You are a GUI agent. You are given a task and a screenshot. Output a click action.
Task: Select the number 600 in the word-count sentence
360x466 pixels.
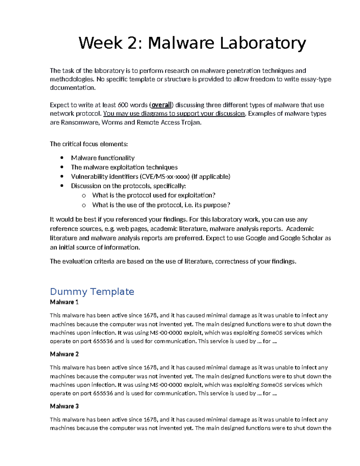[x=123, y=105]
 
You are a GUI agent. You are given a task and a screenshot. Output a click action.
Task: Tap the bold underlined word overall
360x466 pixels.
[x=162, y=105]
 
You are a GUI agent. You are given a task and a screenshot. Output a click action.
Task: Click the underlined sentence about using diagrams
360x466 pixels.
[x=174, y=113]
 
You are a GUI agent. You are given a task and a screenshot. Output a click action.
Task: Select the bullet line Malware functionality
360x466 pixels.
[x=103, y=158]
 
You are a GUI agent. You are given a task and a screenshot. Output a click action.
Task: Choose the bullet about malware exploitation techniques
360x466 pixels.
[x=124, y=167]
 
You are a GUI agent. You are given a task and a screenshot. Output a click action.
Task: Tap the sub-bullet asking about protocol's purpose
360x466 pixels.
[x=161, y=205]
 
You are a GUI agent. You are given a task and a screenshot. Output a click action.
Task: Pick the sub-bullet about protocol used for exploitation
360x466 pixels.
[x=154, y=195]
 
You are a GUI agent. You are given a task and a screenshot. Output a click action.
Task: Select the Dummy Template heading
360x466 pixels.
[x=92, y=291]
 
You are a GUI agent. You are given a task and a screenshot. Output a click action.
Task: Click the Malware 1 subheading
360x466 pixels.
[x=64, y=302]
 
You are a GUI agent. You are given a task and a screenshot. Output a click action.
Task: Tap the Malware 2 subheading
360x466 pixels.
[x=64, y=354]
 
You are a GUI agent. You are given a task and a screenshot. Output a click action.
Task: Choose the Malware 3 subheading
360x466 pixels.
[x=64, y=406]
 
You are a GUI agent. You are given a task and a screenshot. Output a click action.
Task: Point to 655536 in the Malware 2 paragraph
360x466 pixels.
[x=103, y=393]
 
